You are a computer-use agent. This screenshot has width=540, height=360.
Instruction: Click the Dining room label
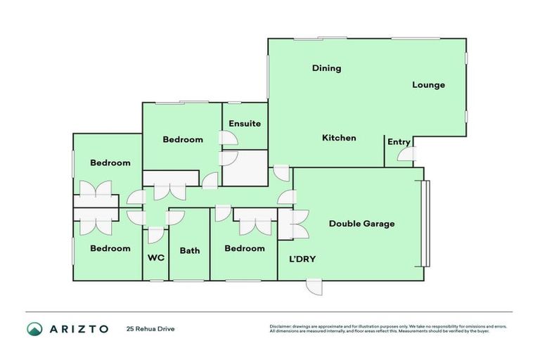click(x=327, y=68)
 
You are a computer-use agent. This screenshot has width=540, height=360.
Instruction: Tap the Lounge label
click(x=428, y=85)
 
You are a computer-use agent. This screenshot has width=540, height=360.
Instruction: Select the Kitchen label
click(x=339, y=138)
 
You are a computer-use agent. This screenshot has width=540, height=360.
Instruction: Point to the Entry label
click(x=399, y=142)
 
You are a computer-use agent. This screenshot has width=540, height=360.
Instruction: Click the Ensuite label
click(x=244, y=124)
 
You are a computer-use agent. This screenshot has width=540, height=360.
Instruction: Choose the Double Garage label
click(x=362, y=224)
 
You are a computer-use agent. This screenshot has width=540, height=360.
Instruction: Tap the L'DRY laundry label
click(x=302, y=259)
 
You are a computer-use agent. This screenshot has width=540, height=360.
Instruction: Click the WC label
click(x=155, y=257)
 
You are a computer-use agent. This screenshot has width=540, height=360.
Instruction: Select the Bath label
click(x=190, y=250)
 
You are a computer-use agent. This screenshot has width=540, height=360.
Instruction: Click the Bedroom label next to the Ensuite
click(x=183, y=139)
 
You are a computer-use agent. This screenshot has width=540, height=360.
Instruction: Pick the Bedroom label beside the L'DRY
click(x=244, y=248)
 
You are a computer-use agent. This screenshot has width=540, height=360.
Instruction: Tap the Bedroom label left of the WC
click(x=110, y=248)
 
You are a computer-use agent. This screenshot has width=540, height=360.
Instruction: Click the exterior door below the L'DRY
click(x=314, y=287)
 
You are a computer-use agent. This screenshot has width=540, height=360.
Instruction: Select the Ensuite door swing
click(x=228, y=138)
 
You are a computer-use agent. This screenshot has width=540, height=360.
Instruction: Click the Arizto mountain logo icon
click(x=34, y=328)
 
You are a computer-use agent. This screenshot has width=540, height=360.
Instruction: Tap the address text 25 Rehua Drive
click(x=150, y=328)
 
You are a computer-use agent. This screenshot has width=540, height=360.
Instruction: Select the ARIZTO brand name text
click(x=79, y=328)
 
